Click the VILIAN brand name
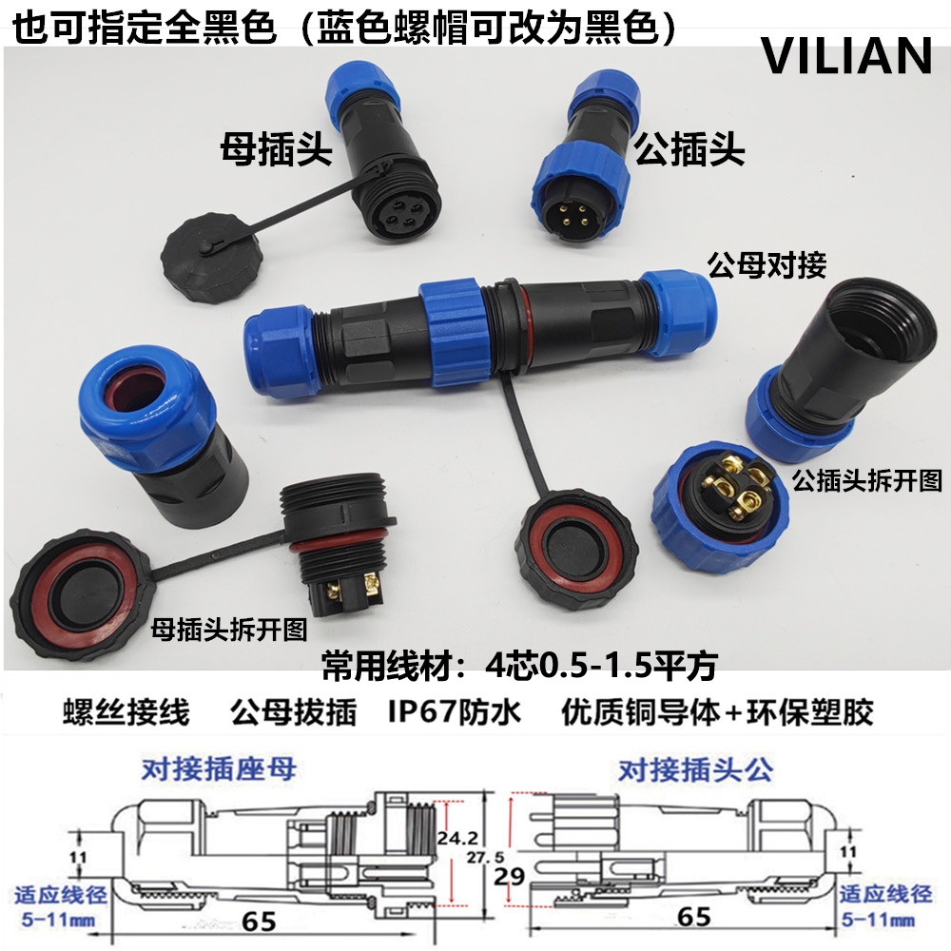point(846,56)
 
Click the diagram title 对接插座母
point(219,768)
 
